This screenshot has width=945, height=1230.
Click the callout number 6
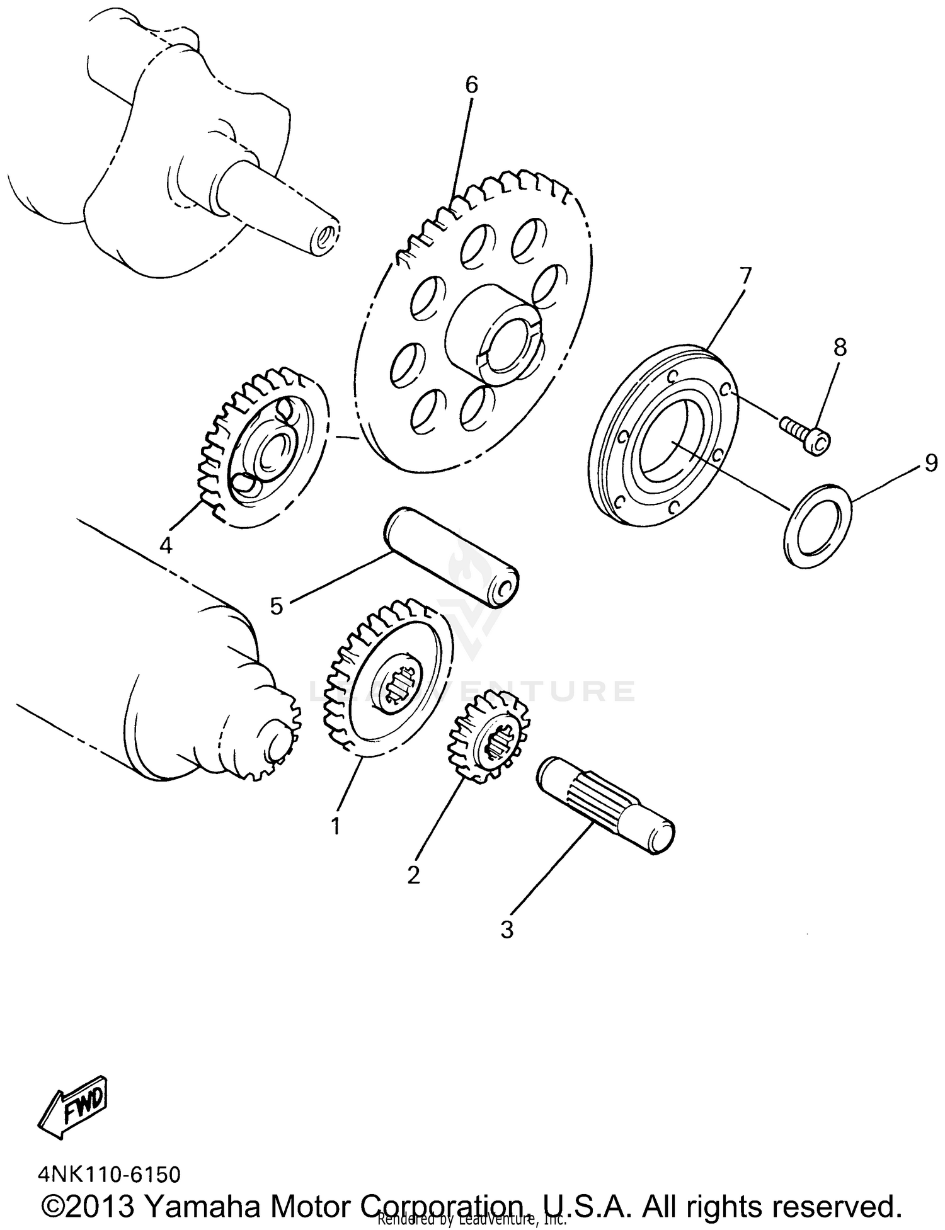click(x=472, y=85)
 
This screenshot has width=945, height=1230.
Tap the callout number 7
click(x=745, y=275)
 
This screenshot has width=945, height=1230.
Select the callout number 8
click(x=840, y=347)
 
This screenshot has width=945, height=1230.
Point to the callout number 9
click(x=931, y=464)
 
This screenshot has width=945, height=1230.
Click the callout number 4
click(x=166, y=545)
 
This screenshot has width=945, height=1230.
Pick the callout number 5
click(x=276, y=606)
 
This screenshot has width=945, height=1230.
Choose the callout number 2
click(x=413, y=875)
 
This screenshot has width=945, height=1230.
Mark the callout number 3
click(x=507, y=930)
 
